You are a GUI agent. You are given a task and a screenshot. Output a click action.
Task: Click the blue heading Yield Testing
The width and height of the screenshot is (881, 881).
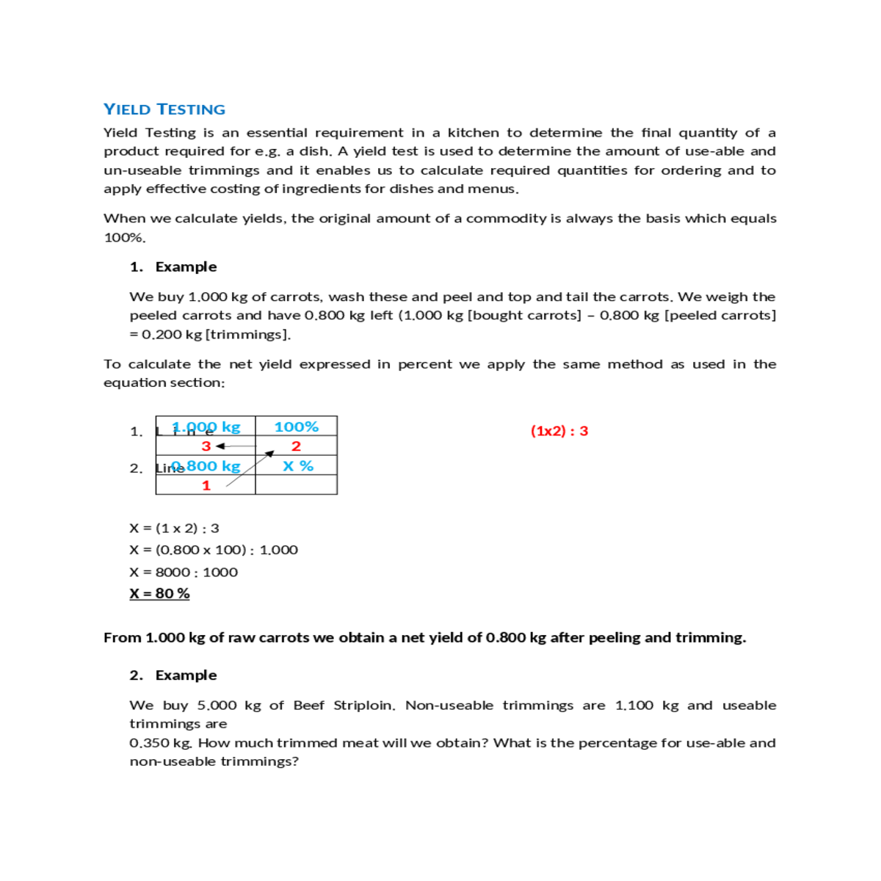(x=164, y=109)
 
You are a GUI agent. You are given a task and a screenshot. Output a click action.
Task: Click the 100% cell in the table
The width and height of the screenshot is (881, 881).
(x=296, y=427)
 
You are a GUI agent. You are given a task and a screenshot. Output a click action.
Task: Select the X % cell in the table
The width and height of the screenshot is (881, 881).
(x=297, y=465)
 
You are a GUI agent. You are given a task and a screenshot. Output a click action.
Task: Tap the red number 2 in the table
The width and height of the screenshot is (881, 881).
(x=296, y=446)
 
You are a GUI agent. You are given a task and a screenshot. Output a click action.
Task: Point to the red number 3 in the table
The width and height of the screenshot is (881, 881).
(x=206, y=446)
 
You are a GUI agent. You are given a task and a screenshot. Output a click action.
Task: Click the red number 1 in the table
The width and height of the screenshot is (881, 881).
(x=206, y=485)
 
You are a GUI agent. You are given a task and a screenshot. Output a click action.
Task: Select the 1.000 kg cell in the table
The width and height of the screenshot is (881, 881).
(x=206, y=427)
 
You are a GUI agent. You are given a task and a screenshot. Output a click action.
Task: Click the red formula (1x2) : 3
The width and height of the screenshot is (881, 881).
(x=559, y=431)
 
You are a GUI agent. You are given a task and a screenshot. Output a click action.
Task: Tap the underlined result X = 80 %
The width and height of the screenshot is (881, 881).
(x=159, y=593)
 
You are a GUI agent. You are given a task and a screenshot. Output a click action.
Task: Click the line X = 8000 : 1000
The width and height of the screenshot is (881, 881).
(x=184, y=572)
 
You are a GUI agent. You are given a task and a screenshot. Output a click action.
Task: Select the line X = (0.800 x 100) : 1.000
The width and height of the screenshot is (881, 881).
(x=214, y=550)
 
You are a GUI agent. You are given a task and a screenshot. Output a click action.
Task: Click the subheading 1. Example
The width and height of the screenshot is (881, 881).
(x=173, y=267)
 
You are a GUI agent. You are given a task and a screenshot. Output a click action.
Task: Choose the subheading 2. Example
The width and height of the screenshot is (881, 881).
(x=173, y=675)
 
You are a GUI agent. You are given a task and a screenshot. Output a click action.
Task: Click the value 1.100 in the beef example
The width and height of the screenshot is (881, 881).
(x=634, y=705)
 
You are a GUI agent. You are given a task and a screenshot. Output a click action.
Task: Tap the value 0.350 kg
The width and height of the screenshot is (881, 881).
(x=160, y=743)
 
